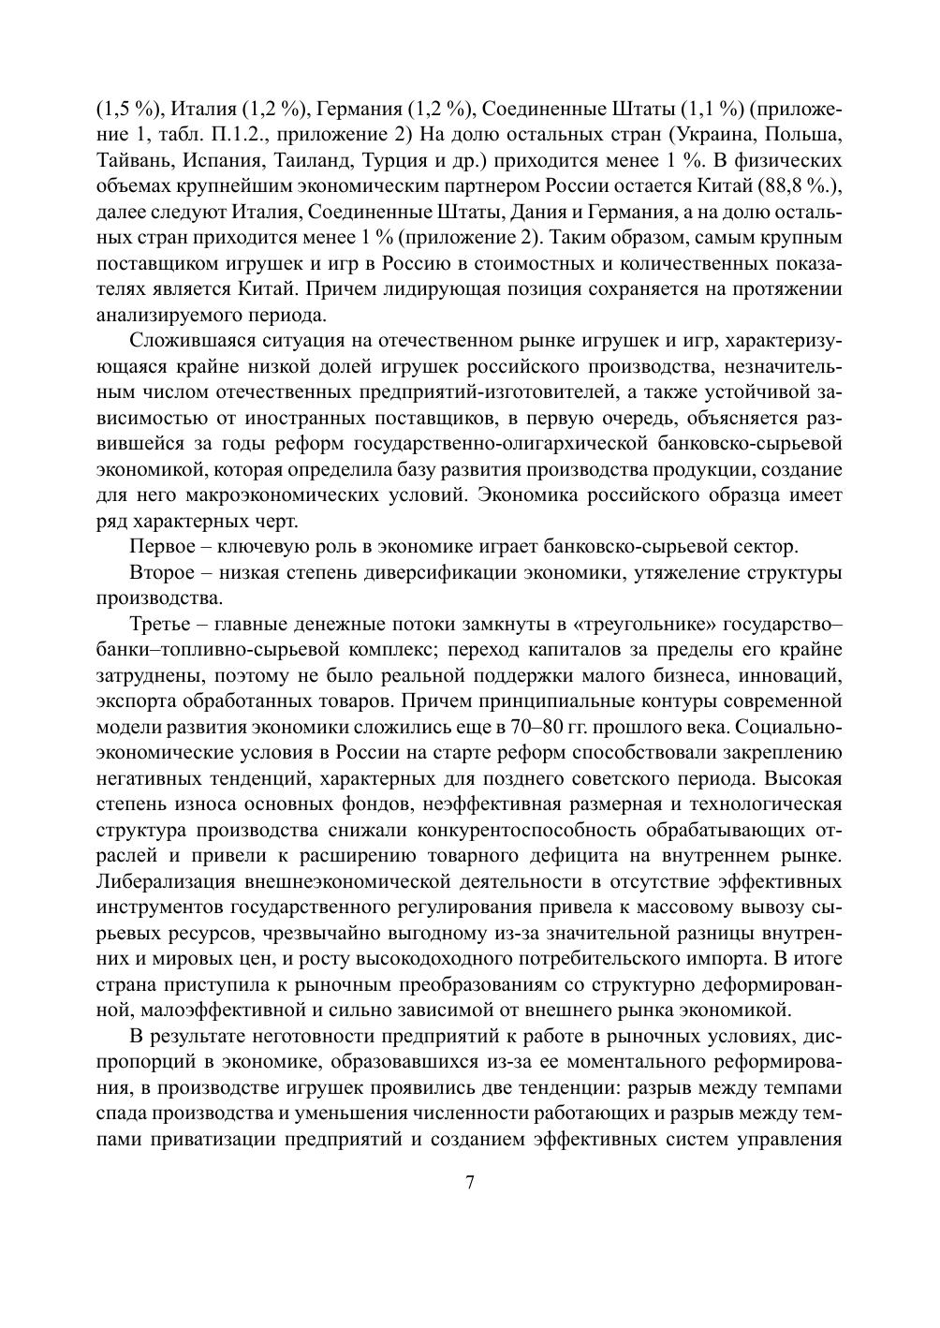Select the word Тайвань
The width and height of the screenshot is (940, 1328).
(x=131, y=160)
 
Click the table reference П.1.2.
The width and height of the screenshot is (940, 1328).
(x=224, y=134)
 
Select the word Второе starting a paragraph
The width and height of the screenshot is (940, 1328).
(x=163, y=572)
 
